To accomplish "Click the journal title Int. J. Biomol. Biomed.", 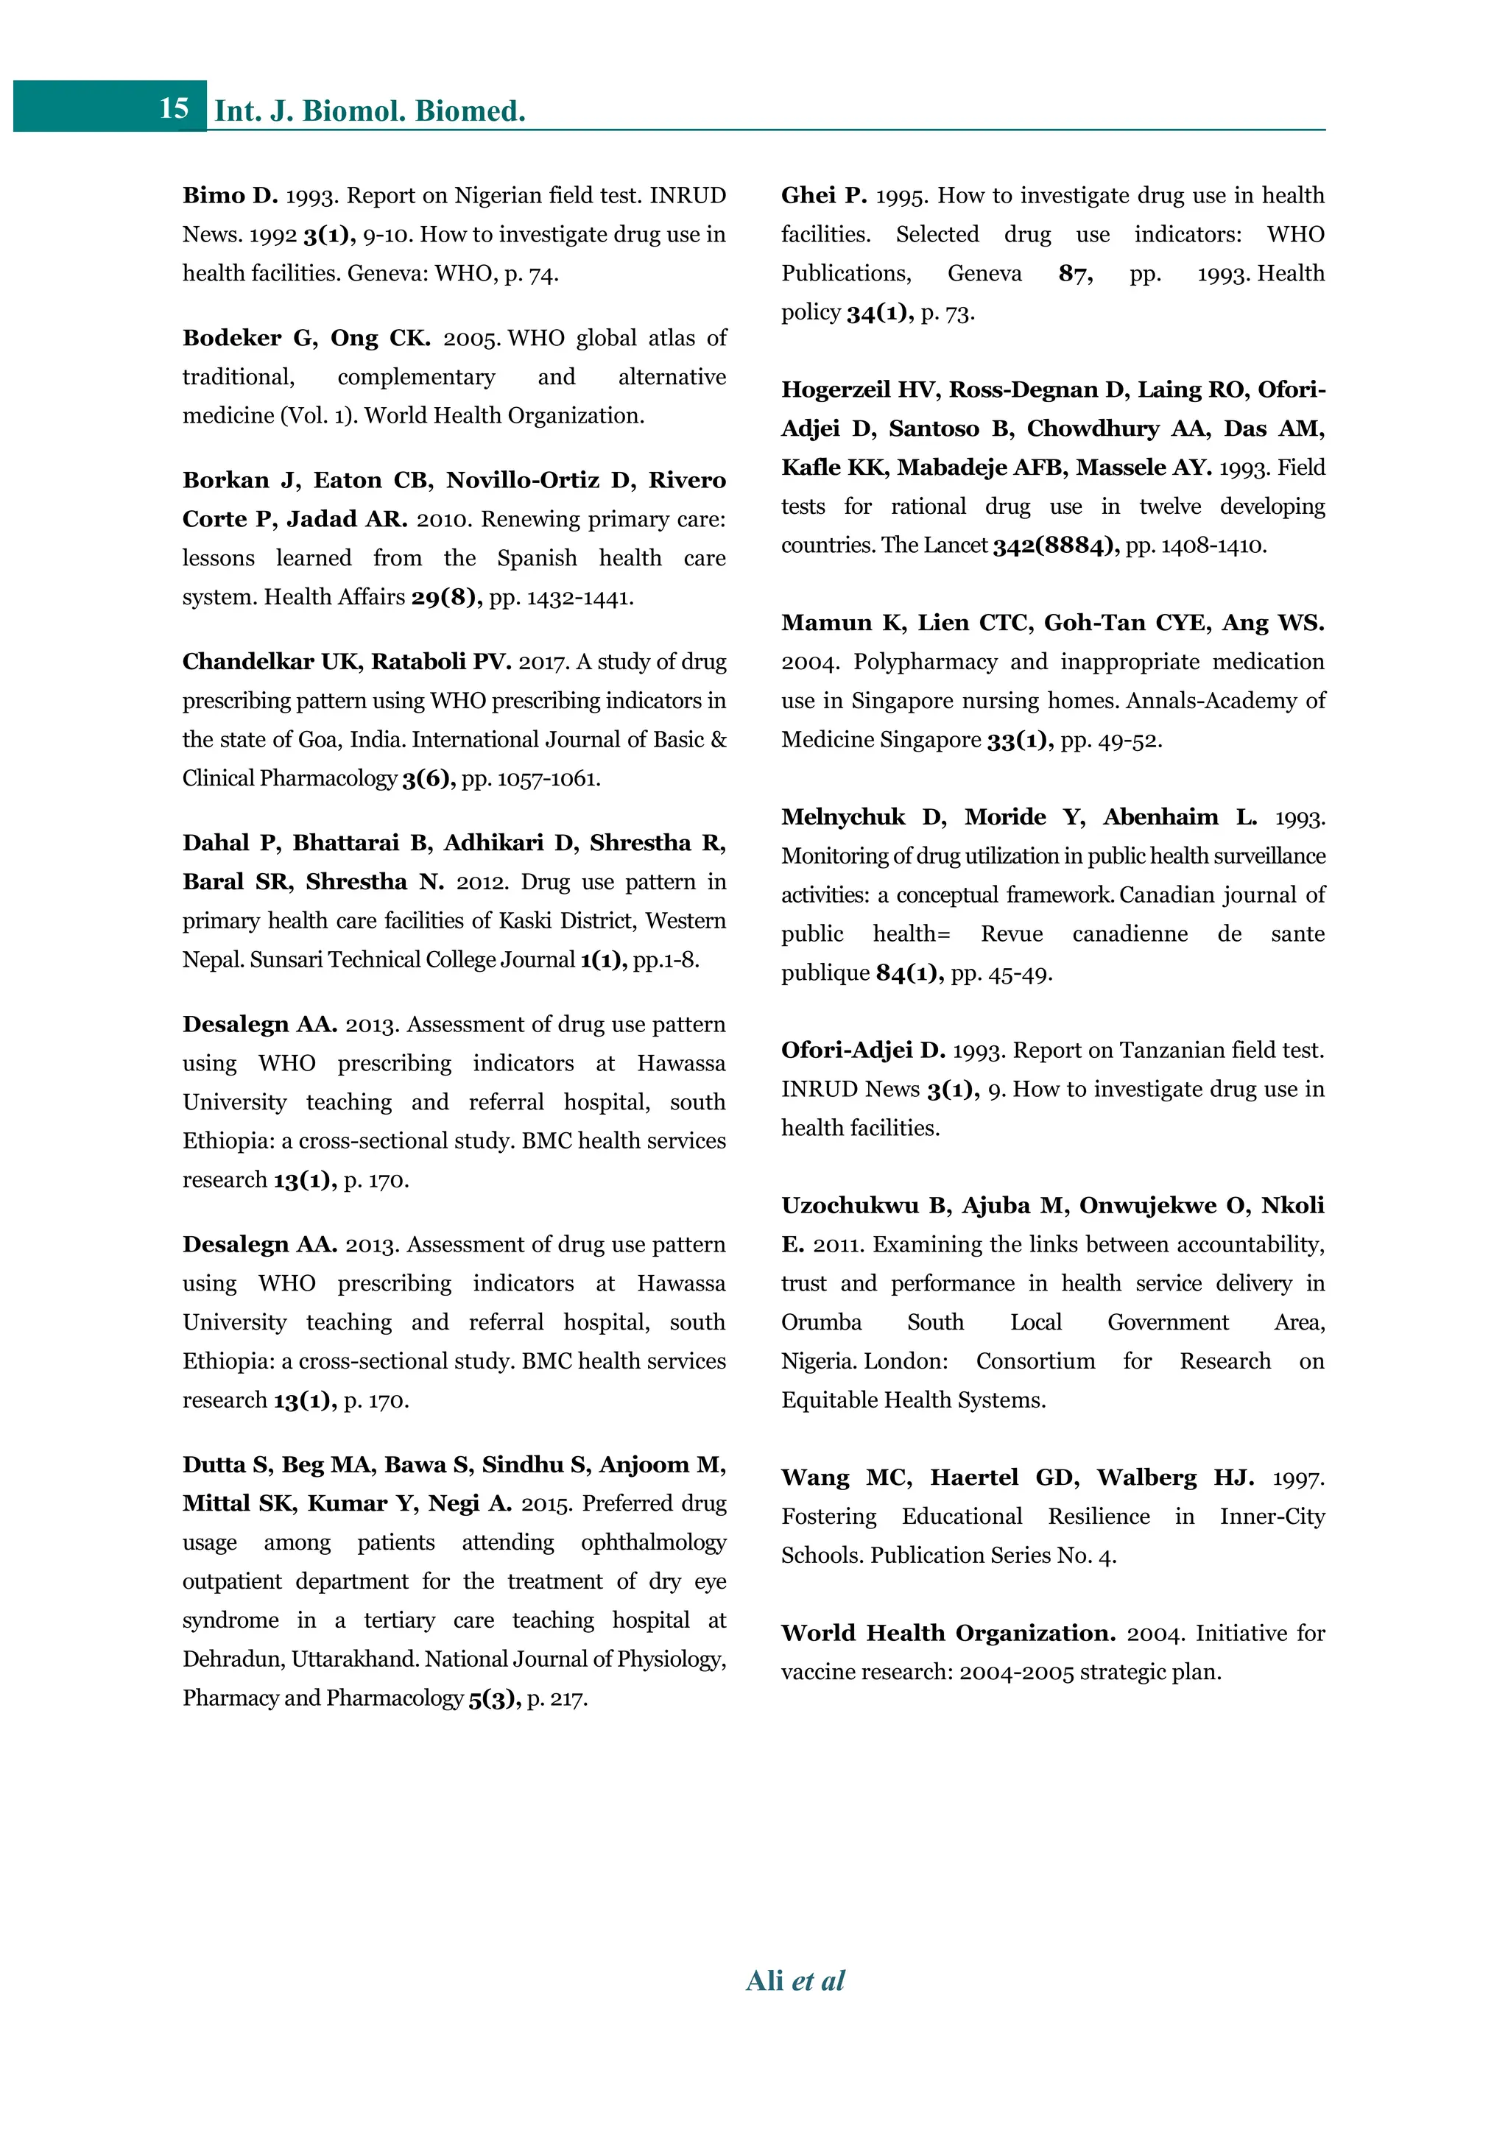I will pos(370,111).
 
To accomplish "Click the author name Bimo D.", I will pos(229,196).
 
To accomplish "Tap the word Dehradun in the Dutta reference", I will pos(231,1659).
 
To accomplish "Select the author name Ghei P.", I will pos(824,196).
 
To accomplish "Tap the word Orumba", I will pos(821,1322).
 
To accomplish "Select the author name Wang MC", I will pos(846,1478).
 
